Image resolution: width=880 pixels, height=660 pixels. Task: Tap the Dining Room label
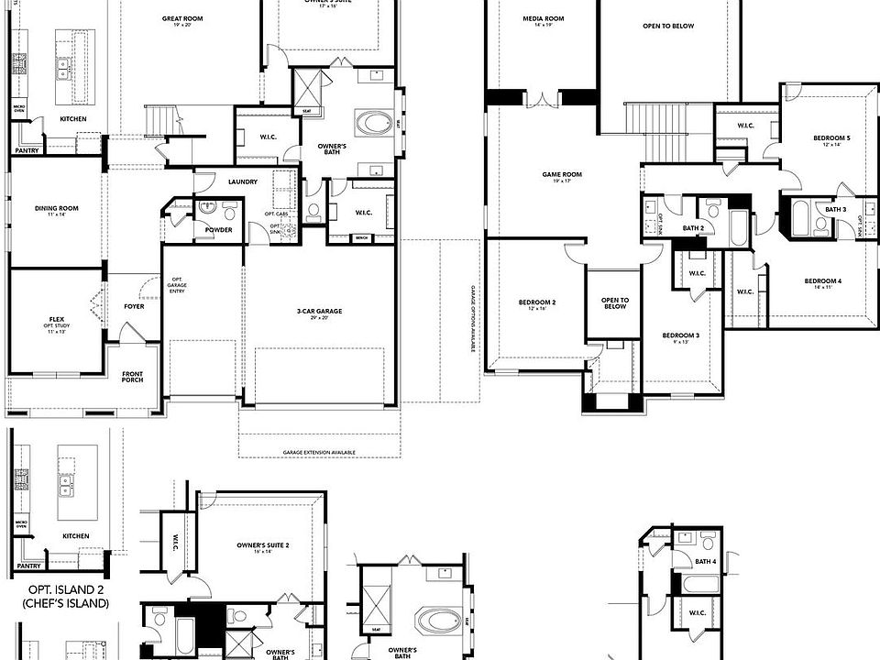tap(56, 209)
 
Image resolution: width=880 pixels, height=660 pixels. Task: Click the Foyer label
tap(134, 306)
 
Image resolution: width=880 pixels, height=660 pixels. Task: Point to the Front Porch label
tap(133, 374)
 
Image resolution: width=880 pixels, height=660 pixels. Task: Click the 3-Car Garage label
tap(319, 312)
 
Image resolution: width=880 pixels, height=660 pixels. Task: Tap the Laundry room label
tap(242, 181)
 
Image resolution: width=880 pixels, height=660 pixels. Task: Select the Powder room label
tap(218, 229)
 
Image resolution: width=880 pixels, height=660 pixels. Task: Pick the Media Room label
tap(543, 19)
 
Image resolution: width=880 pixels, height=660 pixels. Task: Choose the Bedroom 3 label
tap(680, 336)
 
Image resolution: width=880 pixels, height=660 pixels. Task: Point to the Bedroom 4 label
tap(822, 281)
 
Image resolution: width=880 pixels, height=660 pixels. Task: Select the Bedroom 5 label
tap(831, 138)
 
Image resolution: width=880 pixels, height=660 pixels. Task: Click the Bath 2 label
tap(693, 227)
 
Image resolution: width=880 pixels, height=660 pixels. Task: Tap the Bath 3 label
tap(835, 210)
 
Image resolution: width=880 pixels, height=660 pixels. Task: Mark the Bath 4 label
tap(704, 561)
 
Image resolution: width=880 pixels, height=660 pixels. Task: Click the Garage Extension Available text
tap(319, 453)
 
